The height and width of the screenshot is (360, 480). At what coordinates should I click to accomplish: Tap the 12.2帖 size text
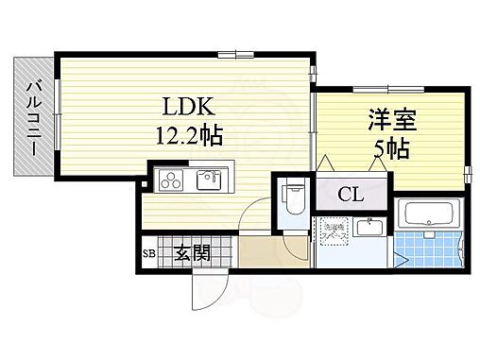189,136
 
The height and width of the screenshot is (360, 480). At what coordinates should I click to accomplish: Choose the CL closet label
350,196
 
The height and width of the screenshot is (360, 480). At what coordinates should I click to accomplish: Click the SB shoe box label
148,253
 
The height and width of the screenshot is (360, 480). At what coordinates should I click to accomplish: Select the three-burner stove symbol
171,180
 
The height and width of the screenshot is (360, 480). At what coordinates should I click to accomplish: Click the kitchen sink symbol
207,180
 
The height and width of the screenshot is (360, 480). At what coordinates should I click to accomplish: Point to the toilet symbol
293,197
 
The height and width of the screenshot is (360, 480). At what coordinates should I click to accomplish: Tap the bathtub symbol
429,215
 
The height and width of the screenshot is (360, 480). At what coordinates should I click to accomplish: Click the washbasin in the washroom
368,227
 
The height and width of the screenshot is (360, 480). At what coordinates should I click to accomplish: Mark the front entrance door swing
209,283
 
